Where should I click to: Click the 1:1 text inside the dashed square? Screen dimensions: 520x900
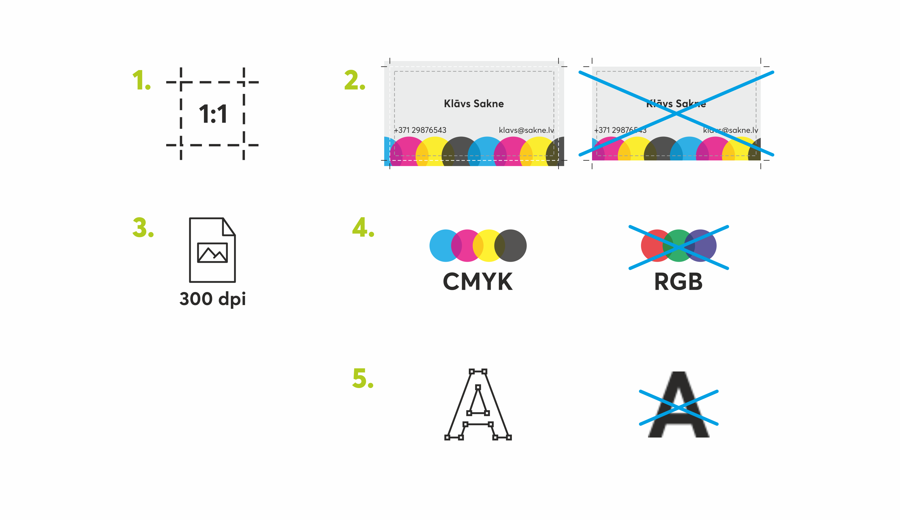(213, 114)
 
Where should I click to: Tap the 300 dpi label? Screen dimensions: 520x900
(212, 299)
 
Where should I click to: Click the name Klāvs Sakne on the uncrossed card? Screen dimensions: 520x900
(474, 104)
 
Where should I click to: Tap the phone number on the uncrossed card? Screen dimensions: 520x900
(420, 130)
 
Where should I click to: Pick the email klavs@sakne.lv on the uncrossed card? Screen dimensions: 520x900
(526, 130)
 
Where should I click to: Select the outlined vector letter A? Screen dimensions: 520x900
(478, 407)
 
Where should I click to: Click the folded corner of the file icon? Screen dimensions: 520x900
(228, 227)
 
